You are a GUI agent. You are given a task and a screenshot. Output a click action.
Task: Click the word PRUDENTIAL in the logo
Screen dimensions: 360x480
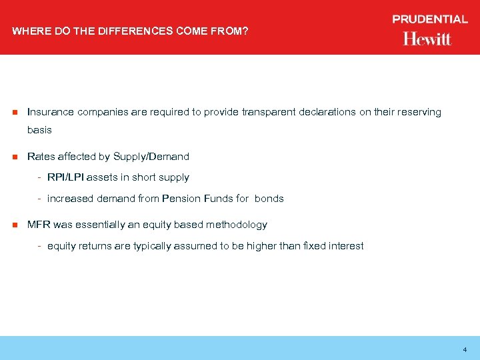pyautogui.click(x=430, y=19)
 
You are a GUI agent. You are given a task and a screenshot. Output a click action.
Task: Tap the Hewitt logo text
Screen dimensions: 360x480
pyautogui.click(x=427, y=39)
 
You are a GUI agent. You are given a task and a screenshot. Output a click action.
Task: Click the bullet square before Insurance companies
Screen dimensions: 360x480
pyautogui.click(x=13, y=112)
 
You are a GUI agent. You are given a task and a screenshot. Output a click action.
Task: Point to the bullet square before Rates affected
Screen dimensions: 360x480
pyautogui.click(x=13, y=157)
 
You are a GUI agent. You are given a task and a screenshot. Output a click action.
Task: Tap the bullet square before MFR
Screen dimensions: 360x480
pyautogui.click(x=13, y=225)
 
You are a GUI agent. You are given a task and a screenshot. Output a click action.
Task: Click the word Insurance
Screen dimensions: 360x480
pyautogui.click(x=51, y=112)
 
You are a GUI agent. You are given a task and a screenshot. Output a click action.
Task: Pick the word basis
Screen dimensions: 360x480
pyautogui.click(x=39, y=130)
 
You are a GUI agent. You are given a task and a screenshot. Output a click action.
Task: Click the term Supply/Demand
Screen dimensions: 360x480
pyautogui.click(x=151, y=157)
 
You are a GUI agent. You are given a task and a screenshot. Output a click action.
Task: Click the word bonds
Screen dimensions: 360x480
pyautogui.click(x=269, y=199)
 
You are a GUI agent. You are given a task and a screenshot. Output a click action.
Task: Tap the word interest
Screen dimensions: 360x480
pyautogui.click(x=345, y=246)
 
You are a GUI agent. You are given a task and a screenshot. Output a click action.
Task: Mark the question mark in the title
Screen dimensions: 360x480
pyautogui.click(x=246, y=30)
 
